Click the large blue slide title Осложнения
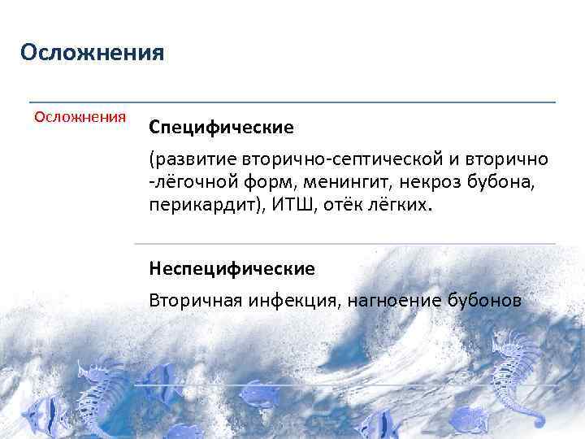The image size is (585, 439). pos(93,54)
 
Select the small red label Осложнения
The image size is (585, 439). pos(80,116)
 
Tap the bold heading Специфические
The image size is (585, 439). pos(221,128)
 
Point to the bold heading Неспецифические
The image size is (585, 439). pos(232,267)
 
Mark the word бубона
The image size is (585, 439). pos(504,180)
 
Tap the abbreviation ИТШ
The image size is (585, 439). pos(271,205)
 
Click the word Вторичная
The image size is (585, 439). pos(191,301)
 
